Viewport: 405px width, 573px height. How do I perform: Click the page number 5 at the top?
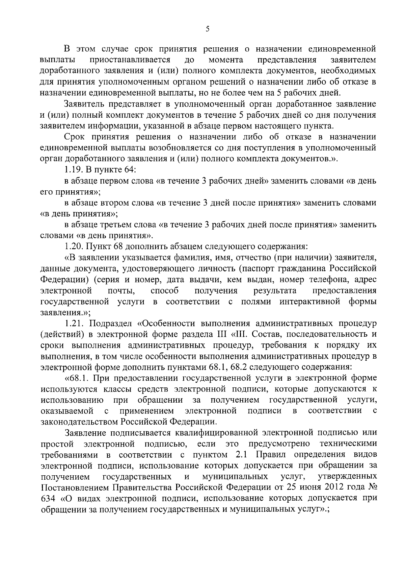coord(207,29)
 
